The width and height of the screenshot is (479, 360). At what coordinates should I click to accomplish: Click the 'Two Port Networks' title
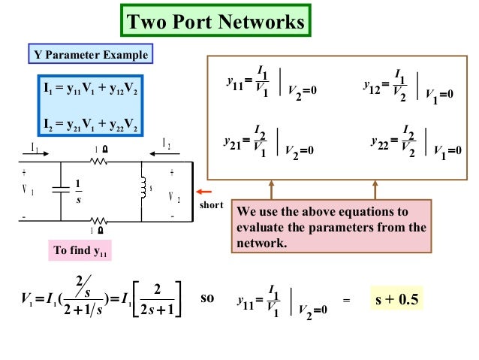[216, 21]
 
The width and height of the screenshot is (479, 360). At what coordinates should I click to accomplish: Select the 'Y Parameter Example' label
[92, 55]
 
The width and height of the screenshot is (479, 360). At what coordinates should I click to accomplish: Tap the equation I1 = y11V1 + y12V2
[91, 92]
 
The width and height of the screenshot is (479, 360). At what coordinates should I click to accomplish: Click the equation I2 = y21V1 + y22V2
[91, 123]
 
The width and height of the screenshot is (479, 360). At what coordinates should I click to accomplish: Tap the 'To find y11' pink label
[80, 251]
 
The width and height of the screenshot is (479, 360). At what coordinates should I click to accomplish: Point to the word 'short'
[213, 205]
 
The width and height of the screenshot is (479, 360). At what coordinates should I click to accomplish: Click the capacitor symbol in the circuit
[58, 191]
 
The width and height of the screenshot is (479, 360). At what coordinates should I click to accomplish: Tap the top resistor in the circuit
[98, 160]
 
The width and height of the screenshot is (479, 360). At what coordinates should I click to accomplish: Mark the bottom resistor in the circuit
[98, 222]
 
